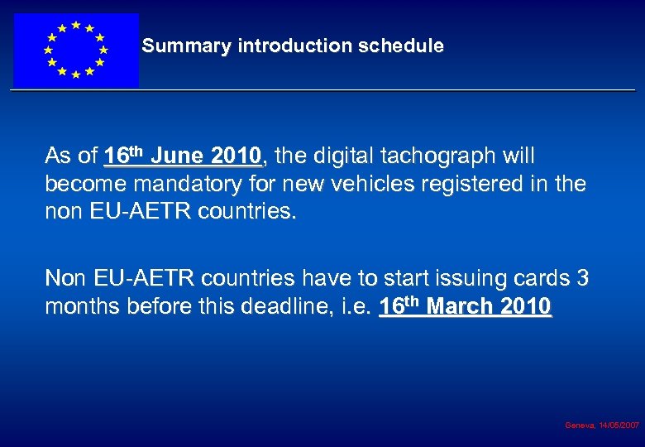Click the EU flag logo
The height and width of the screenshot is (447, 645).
point(75,50)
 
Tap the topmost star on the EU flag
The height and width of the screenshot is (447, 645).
point(75,25)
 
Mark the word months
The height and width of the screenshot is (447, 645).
point(79,306)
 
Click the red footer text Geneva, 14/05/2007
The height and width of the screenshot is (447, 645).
point(601,425)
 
